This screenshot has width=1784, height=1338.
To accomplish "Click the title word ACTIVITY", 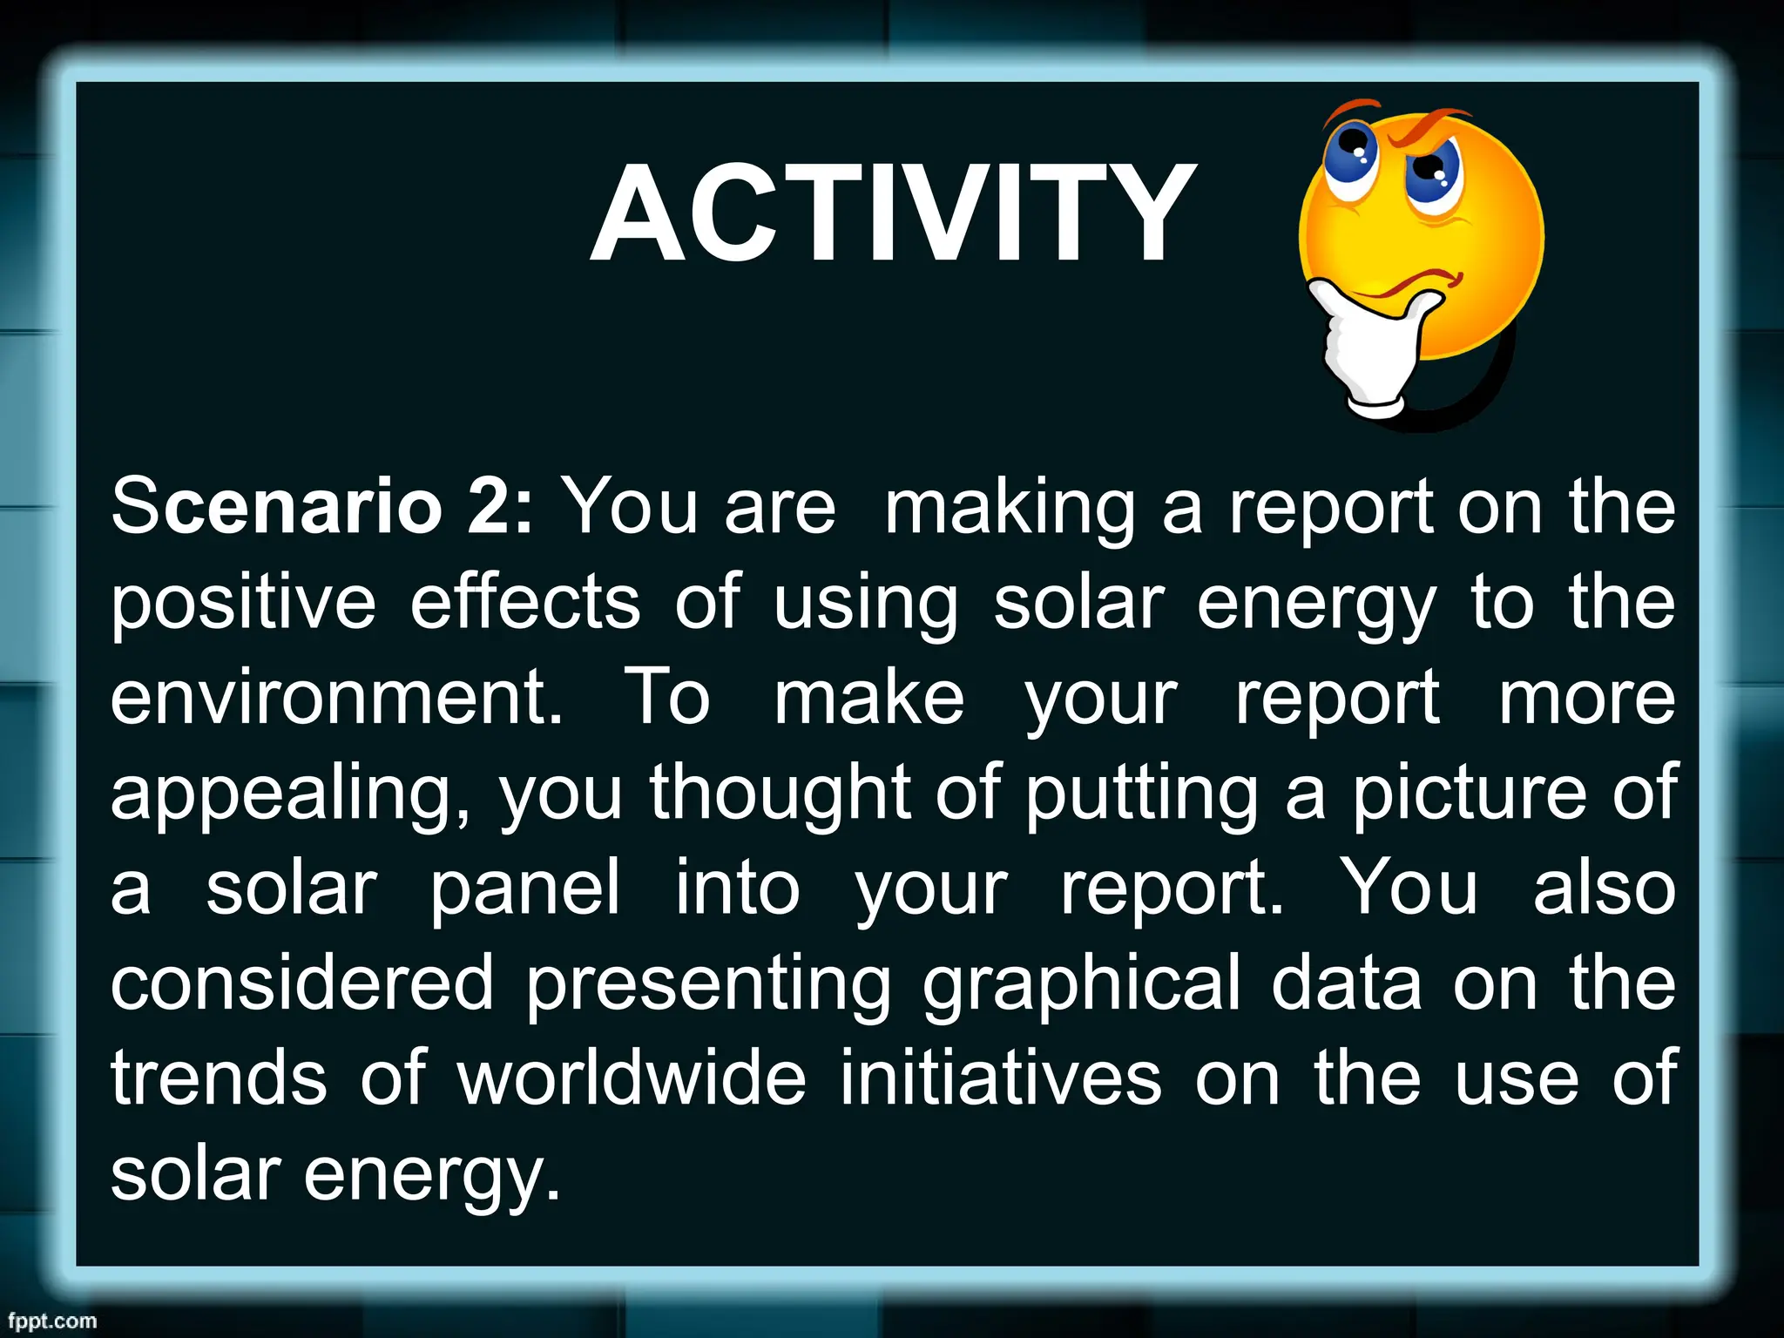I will pyautogui.click(x=893, y=213).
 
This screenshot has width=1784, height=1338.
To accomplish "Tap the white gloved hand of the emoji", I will pyautogui.click(x=1368, y=348).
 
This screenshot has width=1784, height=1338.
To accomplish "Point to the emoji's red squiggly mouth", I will pyautogui.click(x=1416, y=283).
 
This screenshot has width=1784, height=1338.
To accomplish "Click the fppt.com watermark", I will pyautogui.click(x=52, y=1321).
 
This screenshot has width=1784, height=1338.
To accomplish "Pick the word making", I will pyautogui.click(x=1010, y=510).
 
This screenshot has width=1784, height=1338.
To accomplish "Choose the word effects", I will pyautogui.click(x=525, y=603).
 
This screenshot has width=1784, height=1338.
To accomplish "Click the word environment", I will pyautogui.click(x=336, y=699).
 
